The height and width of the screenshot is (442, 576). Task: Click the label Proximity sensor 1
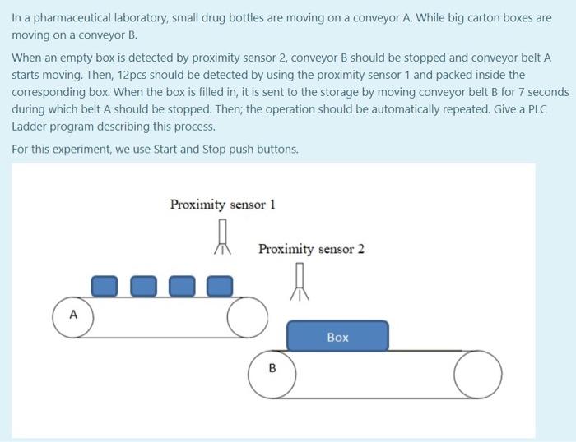pos(222,205)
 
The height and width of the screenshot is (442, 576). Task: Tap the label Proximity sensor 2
pos(311,249)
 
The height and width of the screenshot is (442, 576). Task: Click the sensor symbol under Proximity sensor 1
pos(221,237)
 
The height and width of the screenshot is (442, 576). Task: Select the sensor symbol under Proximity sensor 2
pos(301,282)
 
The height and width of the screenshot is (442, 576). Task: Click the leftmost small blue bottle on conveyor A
pos(104,285)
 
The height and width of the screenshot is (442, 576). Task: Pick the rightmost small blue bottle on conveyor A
pos(219,285)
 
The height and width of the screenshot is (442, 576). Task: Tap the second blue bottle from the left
pos(142,285)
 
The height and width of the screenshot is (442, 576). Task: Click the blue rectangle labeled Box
pos(337,337)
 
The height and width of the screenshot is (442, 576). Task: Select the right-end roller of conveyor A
pos(246,316)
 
